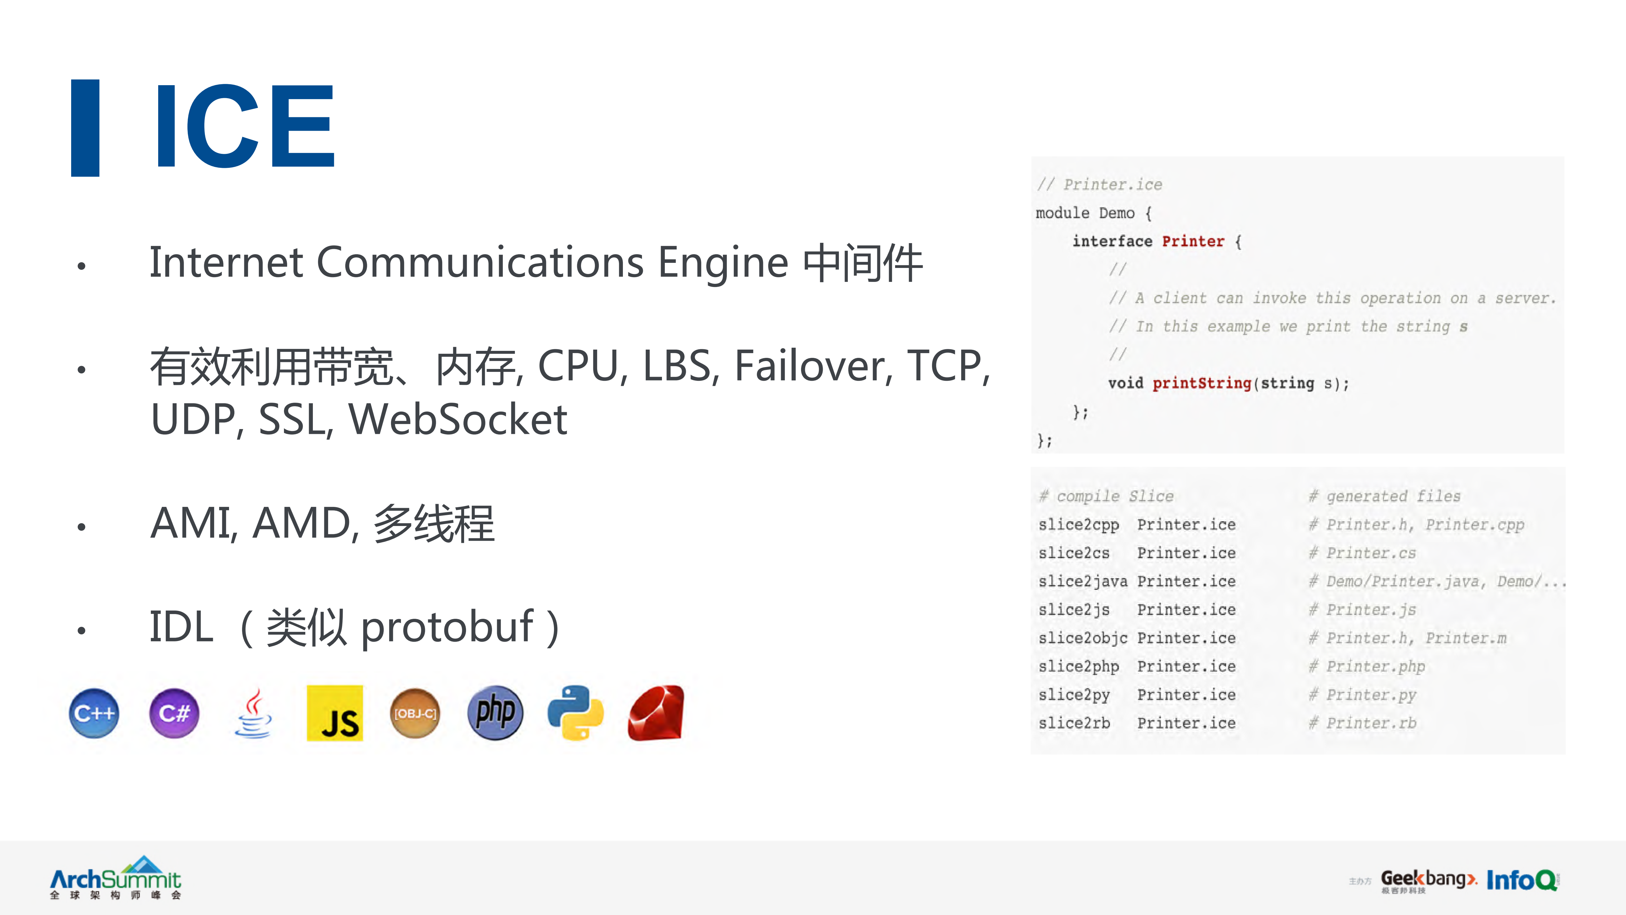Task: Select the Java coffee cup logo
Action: tap(254, 714)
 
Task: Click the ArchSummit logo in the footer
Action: tap(116, 878)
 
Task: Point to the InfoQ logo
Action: tap(1521, 880)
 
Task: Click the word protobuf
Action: tap(447, 627)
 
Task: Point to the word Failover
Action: tap(813, 366)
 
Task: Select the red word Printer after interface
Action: tap(1192, 241)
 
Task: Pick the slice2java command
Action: tap(1083, 581)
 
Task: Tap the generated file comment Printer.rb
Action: tap(1371, 723)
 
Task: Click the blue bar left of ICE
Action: tap(85, 127)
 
